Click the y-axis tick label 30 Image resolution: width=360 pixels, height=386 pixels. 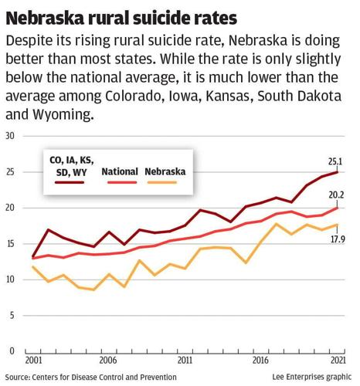[x=11, y=136]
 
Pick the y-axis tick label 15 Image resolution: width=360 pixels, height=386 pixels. [x=11, y=244]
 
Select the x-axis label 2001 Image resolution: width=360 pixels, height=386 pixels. [x=33, y=361]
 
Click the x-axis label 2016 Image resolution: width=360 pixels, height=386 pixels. [x=261, y=361]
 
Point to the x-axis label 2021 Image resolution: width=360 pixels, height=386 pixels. [x=336, y=361]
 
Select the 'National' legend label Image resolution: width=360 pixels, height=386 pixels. [x=120, y=171]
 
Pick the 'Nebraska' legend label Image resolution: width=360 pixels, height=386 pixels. [x=168, y=171]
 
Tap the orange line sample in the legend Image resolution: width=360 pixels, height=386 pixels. [x=168, y=184]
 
